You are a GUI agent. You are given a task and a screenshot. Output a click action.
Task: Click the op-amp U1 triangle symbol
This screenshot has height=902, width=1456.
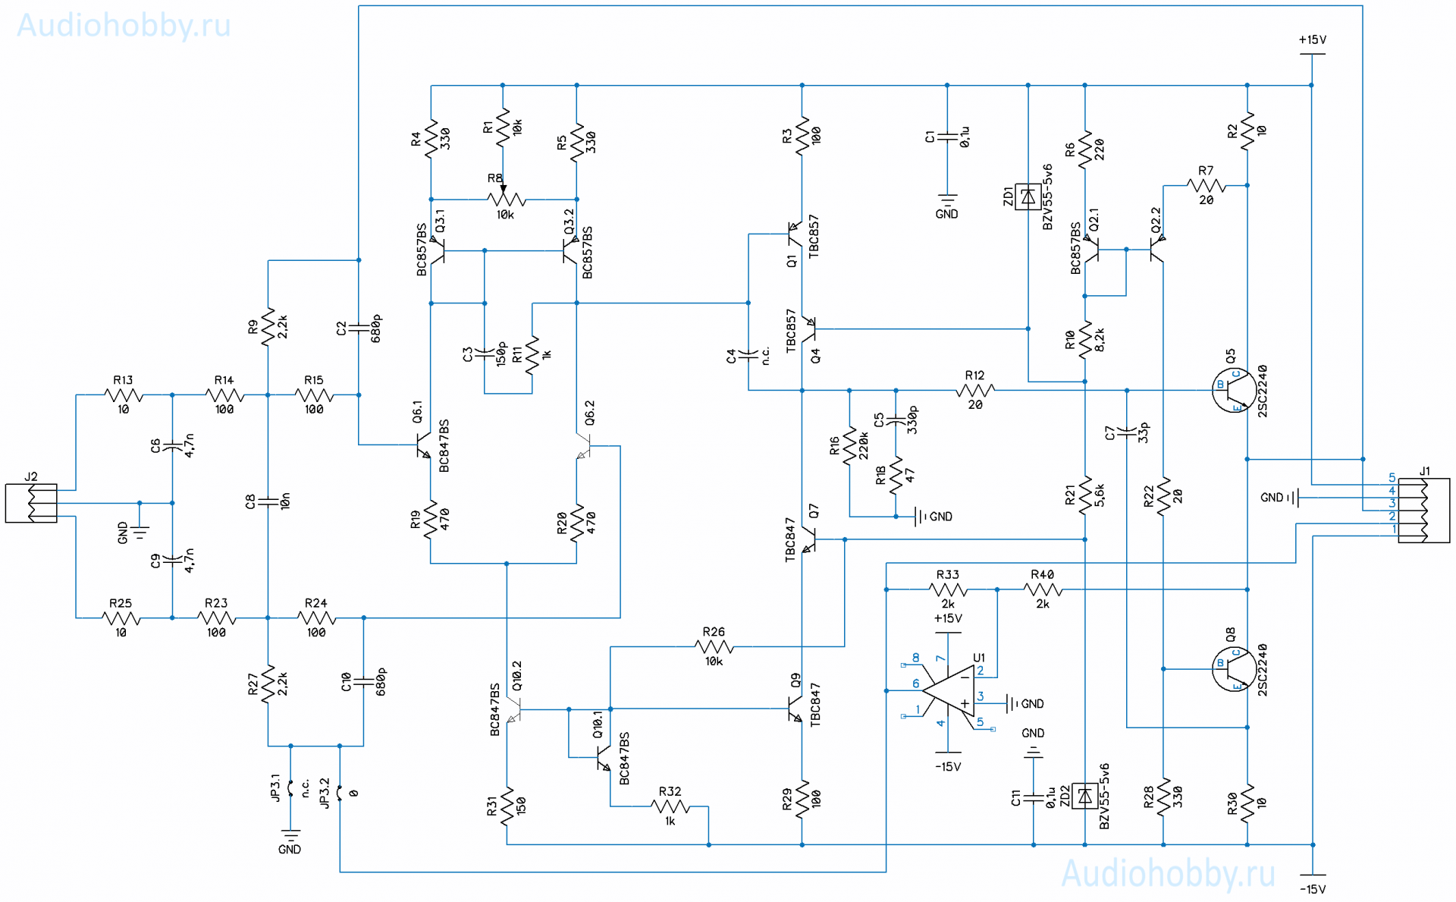coord(949,691)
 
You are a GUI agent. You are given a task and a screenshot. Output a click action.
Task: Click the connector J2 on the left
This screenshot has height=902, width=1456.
coord(31,503)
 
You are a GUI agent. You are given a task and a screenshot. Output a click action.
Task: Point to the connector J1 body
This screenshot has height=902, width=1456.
coord(1423,510)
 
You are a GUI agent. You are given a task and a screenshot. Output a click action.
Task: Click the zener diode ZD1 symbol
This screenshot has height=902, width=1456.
coord(1028,196)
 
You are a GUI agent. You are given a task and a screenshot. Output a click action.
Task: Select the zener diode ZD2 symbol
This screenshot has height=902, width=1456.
coord(1085,797)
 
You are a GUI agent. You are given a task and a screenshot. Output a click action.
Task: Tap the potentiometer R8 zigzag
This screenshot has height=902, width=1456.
coord(507,200)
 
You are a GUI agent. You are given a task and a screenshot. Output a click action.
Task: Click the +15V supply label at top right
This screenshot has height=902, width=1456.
coord(1312,39)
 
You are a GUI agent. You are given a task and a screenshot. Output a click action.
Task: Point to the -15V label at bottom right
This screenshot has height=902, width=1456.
coord(1313,889)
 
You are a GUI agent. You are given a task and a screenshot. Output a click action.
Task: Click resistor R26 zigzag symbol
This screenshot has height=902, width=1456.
coord(714,647)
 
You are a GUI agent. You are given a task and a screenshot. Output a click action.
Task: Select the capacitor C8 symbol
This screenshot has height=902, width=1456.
coord(268,501)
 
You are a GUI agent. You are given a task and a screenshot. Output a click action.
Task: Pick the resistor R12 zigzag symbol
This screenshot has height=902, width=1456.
coord(975,391)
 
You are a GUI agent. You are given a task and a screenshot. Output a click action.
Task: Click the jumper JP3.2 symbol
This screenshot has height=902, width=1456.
coord(340,793)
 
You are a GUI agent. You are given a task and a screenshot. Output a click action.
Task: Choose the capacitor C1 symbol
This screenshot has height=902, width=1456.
coord(947,137)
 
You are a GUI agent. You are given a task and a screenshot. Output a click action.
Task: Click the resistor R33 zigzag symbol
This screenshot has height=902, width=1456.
coord(948,589)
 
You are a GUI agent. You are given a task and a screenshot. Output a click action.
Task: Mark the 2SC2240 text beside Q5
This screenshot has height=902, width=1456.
coord(1263,391)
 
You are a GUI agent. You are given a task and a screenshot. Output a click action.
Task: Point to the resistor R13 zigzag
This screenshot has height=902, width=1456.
coord(124,394)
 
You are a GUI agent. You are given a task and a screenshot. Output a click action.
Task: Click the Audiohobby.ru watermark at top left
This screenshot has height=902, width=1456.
coord(124,26)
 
